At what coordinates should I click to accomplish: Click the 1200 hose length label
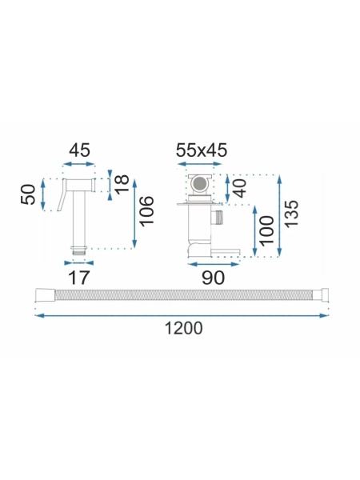pyautogui.click(x=184, y=329)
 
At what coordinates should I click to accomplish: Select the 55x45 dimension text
pyautogui.click(x=202, y=150)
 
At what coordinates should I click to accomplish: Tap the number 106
pyautogui.click(x=146, y=210)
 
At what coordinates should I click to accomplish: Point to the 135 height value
pyautogui.click(x=291, y=214)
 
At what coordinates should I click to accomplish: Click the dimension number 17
pyautogui.click(x=79, y=278)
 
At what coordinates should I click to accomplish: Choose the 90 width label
pyautogui.click(x=213, y=278)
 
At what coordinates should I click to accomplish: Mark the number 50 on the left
pyautogui.click(x=28, y=194)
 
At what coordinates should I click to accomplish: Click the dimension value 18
pyautogui.click(x=122, y=184)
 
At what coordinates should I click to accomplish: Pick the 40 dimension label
pyautogui.click(x=240, y=188)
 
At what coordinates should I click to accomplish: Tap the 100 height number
pyautogui.click(x=266, y=230)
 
